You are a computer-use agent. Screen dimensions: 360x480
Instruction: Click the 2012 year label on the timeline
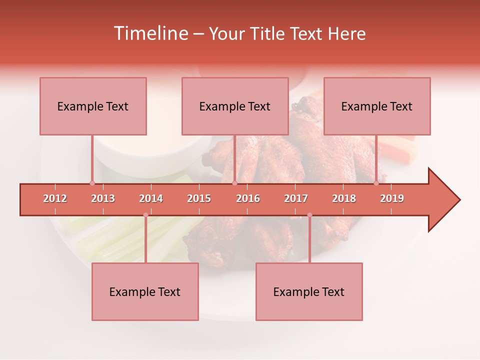[55, 198]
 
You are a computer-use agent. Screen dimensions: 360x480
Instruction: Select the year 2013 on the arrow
[103, 198]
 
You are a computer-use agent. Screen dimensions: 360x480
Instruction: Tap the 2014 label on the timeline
[151, 198]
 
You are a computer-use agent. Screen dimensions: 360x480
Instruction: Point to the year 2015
[199, 198]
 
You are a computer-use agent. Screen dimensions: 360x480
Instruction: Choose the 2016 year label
[248, 198]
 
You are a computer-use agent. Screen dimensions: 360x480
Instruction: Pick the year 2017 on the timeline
[296, 198]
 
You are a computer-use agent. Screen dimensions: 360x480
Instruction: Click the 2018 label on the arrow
[344, 198]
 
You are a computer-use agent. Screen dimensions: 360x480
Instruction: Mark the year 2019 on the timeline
[392, 198]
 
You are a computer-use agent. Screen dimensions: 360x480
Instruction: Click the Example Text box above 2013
[93, 106]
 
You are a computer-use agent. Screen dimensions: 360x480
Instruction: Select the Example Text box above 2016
[235, 106]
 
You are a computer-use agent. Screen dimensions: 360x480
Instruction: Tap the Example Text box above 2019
[377, 106]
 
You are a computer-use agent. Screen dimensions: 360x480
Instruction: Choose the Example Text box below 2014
[145, 291]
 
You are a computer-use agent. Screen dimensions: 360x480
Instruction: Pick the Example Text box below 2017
[309, 291]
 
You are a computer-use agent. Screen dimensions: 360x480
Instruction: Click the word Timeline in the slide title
[150, 33]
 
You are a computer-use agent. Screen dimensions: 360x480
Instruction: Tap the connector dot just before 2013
[92, 183]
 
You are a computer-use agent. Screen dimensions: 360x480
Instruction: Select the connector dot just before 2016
[234, 183]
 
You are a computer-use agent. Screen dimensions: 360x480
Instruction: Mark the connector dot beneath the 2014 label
[145, 215]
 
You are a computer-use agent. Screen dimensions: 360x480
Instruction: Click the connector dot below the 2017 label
[309, 215]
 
